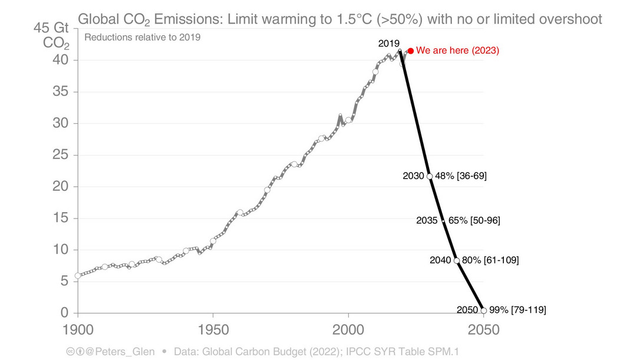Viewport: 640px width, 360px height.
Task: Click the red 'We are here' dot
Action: point(411,51)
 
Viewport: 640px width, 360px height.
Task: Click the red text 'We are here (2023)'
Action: point(457,51)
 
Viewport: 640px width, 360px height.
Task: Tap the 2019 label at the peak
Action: point(389,43)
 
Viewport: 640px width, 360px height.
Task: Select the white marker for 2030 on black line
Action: point(430,176)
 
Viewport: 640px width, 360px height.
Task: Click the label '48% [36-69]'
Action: point(460,176)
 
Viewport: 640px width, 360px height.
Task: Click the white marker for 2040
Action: point(457,260)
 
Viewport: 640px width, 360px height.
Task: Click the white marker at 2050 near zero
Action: point(484,310)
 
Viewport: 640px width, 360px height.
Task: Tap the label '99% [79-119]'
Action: point(518,310)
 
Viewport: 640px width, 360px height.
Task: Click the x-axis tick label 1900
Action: point(77,328)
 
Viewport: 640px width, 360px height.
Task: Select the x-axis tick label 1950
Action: point(213,328)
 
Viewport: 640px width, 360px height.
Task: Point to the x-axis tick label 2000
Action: point(348,328)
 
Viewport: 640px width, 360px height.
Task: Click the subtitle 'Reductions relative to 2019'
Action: point(143,38)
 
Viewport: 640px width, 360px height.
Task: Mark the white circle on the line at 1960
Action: point(240,212)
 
